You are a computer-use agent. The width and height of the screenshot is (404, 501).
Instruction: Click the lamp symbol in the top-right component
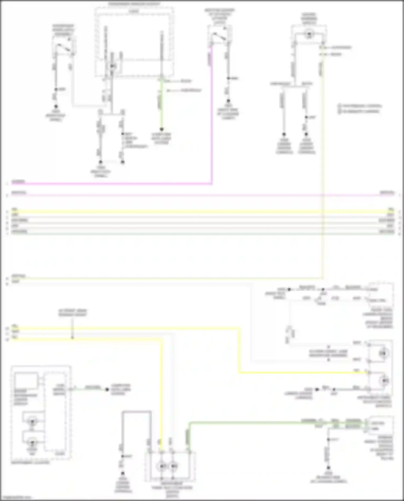309,34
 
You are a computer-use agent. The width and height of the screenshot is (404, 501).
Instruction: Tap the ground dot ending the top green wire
162,129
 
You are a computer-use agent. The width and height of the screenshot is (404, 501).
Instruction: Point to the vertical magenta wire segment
212,116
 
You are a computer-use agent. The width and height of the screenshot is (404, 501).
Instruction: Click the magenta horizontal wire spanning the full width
202,195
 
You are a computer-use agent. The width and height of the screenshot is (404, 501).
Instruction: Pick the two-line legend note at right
360,108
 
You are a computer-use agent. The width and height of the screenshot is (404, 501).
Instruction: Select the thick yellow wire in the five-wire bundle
202,211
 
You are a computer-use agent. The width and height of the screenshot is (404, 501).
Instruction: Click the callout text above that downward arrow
72,313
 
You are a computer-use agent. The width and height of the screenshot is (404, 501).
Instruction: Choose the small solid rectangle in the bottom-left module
26,380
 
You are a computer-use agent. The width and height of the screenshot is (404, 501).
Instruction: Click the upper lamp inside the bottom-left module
32,422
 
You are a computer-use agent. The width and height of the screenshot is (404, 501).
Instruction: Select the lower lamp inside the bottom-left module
32,443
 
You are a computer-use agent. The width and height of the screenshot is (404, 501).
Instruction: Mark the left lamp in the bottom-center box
162,466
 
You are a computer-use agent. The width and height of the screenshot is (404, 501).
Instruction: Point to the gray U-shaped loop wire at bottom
137,412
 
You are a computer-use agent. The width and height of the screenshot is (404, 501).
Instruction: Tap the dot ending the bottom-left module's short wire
107,389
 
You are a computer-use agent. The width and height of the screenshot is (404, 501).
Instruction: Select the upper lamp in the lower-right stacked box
383,353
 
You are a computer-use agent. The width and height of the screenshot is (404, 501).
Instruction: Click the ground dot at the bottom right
328,468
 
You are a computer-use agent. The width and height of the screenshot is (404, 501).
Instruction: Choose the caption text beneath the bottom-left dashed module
30,463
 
